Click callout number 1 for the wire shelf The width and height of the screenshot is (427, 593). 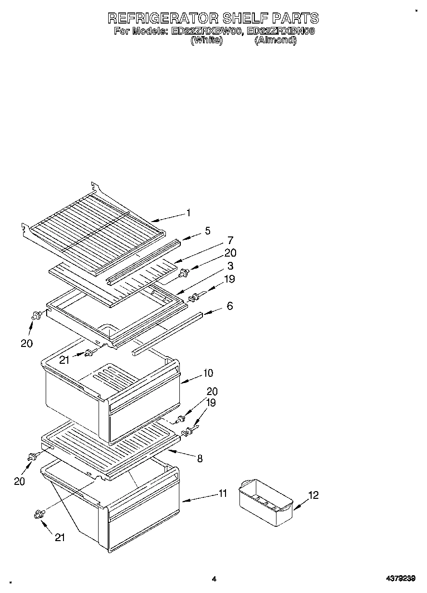[x=188, y=212]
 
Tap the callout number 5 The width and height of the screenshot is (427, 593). [x=207, y=231]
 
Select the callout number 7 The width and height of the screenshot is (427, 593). [x=230, y=240]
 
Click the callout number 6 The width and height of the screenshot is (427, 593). [x=230, y=306]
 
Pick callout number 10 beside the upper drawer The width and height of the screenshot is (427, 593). [x=208, y=373]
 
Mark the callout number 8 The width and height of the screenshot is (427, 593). [x=200, y=458]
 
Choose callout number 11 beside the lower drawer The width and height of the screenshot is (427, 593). [x=222, y=493]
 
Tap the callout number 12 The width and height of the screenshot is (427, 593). [x=313, y=495]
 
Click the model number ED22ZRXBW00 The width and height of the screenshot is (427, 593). [x=205, y=32]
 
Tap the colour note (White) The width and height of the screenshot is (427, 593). [x=206, y=41]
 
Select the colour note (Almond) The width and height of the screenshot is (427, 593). [x=275, y=41]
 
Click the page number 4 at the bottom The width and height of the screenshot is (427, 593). [x=214, y=579]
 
